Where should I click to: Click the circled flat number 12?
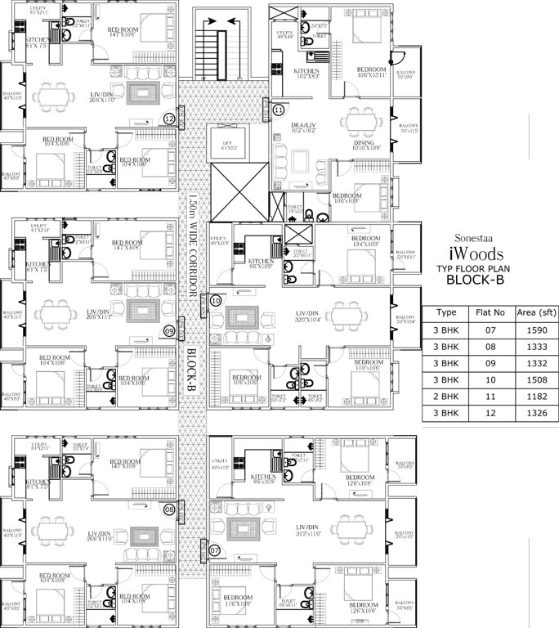coord(169,118)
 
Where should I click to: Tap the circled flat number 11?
coord(279,110)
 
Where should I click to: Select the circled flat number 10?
coord(216,301)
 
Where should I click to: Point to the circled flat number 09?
coord(169,331)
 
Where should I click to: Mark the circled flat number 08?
coord(169,509)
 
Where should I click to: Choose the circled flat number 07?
coord(216,550)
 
